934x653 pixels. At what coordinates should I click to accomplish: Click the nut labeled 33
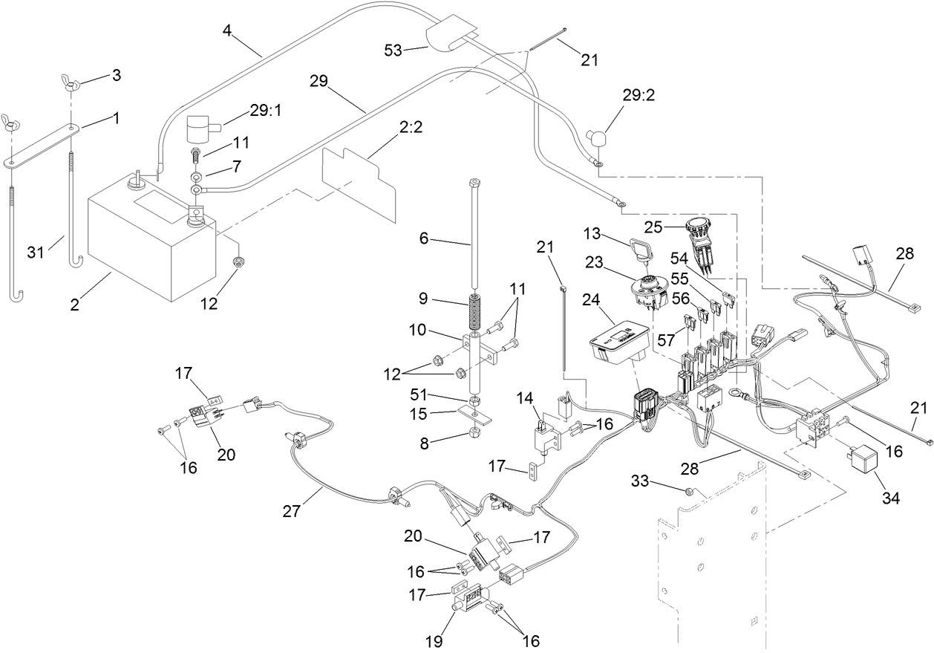click(690, 490)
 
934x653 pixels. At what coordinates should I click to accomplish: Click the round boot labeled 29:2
click(596, 136)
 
